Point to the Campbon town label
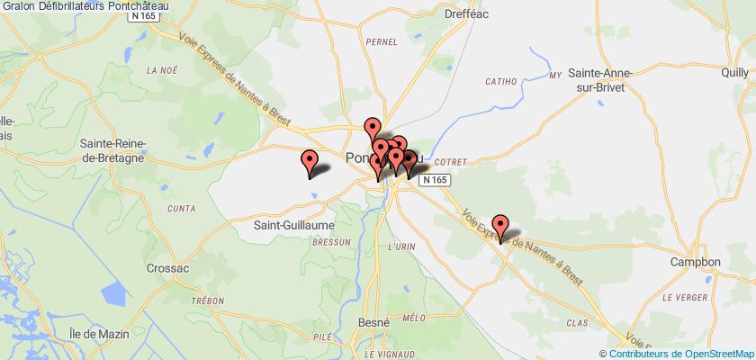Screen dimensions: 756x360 (696, 262)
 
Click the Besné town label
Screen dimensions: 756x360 (372, 321)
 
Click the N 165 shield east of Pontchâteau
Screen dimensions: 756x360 (433, 181)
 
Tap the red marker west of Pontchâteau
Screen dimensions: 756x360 (310, 163)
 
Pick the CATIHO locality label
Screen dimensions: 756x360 (501, 81)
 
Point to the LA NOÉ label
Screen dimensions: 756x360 (163, 69)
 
